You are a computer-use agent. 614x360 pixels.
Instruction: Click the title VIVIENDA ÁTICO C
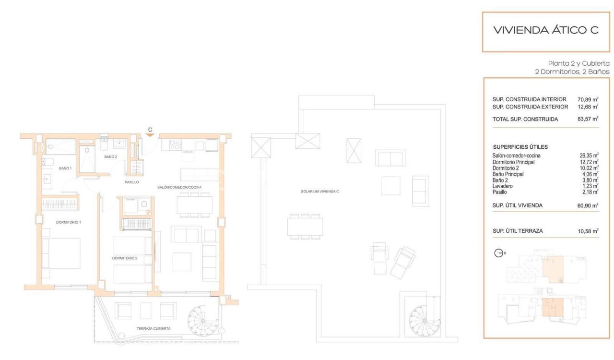[x=546, y=30]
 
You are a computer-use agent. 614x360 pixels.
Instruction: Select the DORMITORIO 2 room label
[x=125, y=258]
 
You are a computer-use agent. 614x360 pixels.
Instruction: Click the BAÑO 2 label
[x=111, y=156]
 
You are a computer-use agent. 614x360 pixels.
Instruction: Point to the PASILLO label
[x=131, y=182]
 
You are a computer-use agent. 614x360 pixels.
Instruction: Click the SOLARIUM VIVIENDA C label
[x=320, y=192]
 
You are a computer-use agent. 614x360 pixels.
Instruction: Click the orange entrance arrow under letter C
[x=150, y=135]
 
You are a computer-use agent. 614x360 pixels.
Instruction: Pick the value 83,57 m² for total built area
[x=588, y=119]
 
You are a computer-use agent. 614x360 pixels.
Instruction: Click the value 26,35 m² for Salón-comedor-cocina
[x=589, y=156]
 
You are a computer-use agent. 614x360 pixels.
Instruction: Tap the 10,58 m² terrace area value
[x=588, y=231]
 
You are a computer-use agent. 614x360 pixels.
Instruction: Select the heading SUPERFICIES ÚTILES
[x=520, y=147]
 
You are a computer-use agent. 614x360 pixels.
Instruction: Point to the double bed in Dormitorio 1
[x=60, y=253]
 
